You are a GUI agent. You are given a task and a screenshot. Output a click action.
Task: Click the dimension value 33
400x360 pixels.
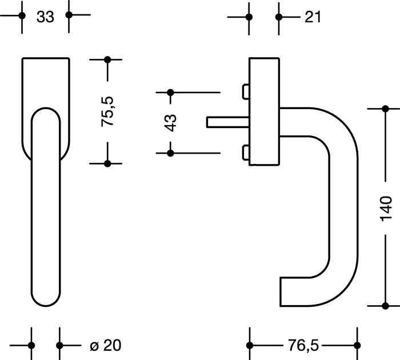click(x=45, y=17)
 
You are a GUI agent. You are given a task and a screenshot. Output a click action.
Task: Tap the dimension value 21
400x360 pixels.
click(x=312, y=17)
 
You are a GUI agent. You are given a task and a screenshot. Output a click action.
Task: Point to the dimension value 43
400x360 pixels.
click(x=170, y=122)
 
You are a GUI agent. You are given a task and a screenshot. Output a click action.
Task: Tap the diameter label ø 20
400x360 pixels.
click(x=106, y=345)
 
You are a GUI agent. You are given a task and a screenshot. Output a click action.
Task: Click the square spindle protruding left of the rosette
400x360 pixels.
click(x=226, y=122)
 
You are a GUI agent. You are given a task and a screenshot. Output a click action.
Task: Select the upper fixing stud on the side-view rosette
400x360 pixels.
click(x=246, y=91)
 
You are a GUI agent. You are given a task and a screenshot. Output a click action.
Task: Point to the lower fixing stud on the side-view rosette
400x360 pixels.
click(x=246, y=153)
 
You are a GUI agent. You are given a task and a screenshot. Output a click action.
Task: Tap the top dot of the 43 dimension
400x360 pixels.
click(x=170, y=92)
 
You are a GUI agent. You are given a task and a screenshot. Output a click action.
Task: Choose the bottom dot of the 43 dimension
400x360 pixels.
click(x=170, y=153)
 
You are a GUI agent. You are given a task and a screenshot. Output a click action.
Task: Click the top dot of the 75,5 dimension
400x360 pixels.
click(x=108, y=59)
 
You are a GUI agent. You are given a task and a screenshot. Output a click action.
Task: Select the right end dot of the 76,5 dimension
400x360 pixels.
click(x=358, y=345)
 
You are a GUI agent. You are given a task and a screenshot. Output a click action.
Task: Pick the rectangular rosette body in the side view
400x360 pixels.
click(x=265, y=111)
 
